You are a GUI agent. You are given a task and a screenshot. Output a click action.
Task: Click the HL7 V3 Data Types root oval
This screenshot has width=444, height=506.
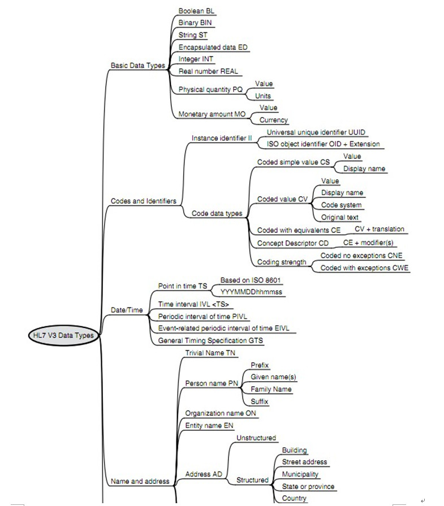click(x=62, y=335)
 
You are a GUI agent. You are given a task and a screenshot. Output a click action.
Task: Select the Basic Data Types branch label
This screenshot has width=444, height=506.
click(x=138, y=66)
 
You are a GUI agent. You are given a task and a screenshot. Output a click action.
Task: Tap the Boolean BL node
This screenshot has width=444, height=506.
click(x=196, y=11)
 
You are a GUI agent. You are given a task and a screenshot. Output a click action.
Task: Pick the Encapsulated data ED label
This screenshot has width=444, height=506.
click(x=212, y=47)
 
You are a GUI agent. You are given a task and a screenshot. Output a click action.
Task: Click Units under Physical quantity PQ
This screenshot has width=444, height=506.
click(x=263, y=96)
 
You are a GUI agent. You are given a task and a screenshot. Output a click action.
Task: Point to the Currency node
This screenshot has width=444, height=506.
click(x=274, y=120)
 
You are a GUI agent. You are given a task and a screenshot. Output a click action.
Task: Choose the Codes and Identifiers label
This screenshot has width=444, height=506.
click(x=143, y=201)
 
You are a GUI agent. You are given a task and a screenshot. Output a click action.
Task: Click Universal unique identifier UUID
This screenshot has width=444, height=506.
click(x=316, y=132)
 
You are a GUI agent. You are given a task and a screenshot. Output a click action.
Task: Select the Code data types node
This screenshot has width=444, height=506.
click(x=217, y=213)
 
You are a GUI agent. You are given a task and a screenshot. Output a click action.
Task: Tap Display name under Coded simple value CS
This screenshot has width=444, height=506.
click(x=365, y=168)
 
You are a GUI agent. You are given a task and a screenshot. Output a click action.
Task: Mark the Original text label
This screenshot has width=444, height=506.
click(x=340, y=217)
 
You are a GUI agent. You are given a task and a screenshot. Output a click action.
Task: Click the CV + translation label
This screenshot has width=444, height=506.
click(x=379, y=229)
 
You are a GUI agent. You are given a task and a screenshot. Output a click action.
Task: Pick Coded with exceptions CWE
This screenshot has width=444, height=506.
click(x=364, y=268)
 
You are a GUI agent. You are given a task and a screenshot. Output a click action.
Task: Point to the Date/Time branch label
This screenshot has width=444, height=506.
click(x=127, y=310)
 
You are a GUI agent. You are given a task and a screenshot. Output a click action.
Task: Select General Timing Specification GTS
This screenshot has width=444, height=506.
click(x=211, y=340)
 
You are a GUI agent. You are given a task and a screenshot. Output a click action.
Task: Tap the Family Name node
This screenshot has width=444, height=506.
click(x=271, y=390)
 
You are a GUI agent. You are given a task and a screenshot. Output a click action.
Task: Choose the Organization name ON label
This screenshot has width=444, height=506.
click(x=221, y=413)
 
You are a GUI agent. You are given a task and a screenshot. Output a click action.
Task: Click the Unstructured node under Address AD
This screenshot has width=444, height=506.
click(x=256, y=438)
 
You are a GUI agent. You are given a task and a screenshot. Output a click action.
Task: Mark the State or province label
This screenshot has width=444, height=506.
click(x=308, y=486)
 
